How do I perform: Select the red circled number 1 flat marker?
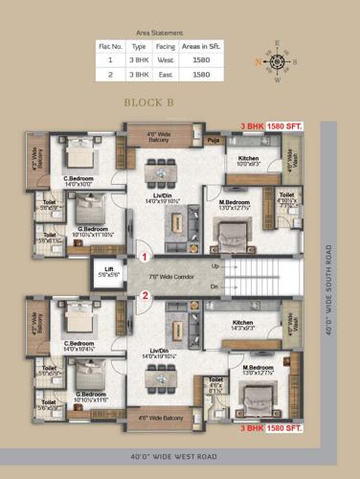point(145,257)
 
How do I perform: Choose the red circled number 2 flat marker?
point(145,295)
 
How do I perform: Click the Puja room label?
point(213,141)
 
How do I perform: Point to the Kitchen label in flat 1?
point(249,159)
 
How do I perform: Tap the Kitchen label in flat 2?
point(249,324)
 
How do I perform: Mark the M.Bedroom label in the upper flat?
point(234,202)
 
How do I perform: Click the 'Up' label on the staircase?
point(215,265)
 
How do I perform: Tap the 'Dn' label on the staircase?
point(215,285)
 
